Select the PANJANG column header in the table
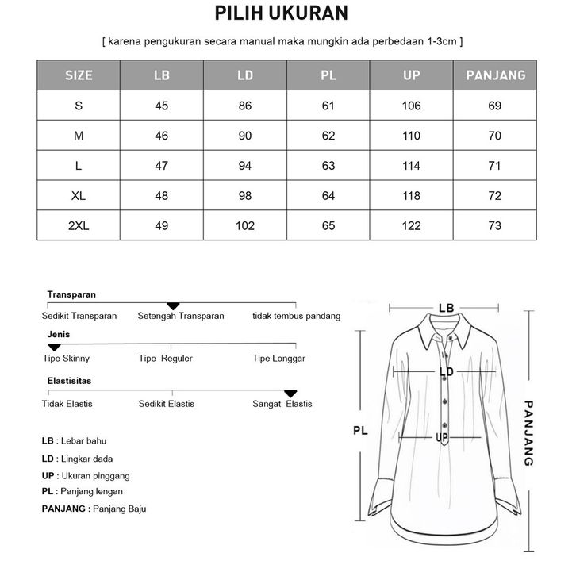coord(495,75)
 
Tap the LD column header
coord(245,75)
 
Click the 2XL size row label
coord(79,226)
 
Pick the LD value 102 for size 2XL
coord(245,226)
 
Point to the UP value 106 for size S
coord(411,106)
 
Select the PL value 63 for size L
coord(328,166)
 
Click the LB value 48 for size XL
coord(161,196)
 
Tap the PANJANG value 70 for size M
coord(495,136)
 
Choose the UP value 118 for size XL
coord(411,196)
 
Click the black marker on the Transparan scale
coord(173,306)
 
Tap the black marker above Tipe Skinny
coord(54,348)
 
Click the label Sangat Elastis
coord(282,404)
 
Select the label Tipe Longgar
coord(278,359)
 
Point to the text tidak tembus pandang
coord(296,316)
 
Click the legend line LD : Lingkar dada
coord(77,459)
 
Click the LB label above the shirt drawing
coord(446,308)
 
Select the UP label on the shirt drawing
coord(443,438)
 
